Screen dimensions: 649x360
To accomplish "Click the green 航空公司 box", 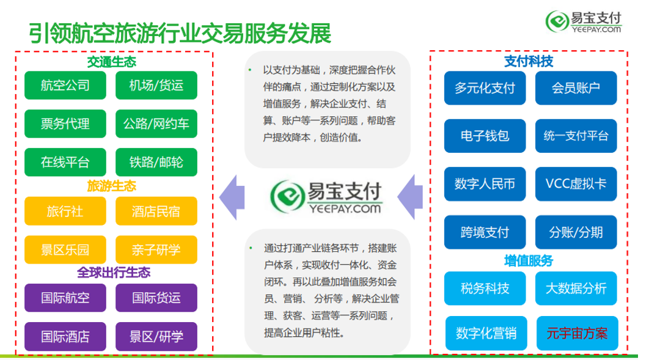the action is (x=65, y=85).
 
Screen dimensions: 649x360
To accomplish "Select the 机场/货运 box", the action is (x=156, y=85).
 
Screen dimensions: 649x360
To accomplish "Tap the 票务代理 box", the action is (x=65, y=123).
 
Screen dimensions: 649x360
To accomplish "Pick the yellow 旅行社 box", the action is (x=65, y=211).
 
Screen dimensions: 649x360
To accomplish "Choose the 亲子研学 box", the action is (x=156, y=249).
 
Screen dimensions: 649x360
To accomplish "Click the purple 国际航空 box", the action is (x=65, y=298).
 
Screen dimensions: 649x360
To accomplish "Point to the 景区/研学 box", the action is (x=156, y=336).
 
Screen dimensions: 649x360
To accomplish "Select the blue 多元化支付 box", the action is (x=485, y=88).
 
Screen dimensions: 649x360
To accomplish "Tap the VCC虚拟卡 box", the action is (x=576, y=184).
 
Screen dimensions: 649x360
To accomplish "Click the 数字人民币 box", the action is (x=485, y=184).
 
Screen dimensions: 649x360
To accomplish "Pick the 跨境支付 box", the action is (x=485, y=232).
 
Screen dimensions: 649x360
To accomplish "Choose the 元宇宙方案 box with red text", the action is (x=577, y=333).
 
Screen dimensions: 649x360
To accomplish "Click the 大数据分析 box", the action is (x=576, y=288).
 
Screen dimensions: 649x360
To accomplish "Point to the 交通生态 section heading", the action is (x=112, y=62).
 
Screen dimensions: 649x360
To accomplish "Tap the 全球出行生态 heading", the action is (x=114, y=273).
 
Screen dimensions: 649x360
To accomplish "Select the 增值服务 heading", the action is (x=529, y=261).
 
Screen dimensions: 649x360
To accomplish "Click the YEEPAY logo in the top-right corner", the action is (x=584, y=21).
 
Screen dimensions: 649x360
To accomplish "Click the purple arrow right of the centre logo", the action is (x=410, y=197).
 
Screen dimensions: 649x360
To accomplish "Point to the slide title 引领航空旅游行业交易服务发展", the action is (x=180, y=33).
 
